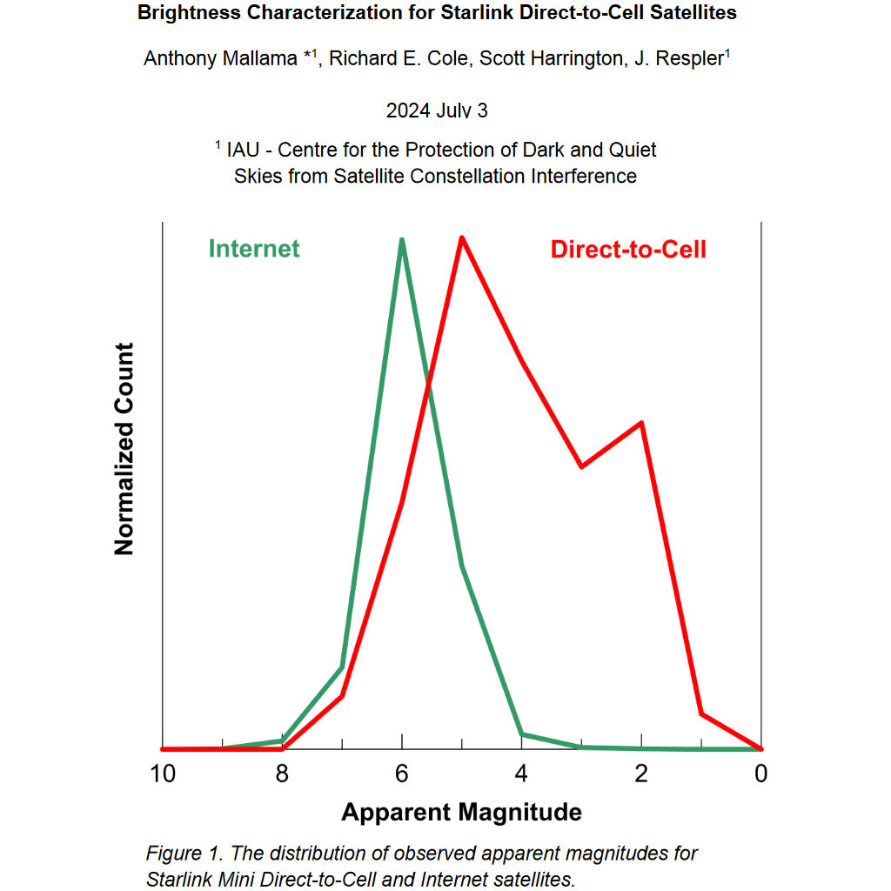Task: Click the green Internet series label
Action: pos(253,248)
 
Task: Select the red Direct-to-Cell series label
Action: pos(628,250)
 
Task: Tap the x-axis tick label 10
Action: pos(163,774)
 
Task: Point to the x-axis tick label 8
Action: pos(283,774)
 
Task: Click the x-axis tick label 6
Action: pos(402,774)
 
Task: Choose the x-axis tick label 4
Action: pos(522,774)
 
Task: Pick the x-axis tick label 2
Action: pos(641,774)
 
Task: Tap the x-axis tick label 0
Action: pos(760,774)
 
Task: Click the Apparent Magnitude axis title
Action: pos(461,813)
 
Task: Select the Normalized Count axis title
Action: pos(124,449)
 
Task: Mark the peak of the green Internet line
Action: pos(402,240)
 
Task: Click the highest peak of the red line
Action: pos(462,238)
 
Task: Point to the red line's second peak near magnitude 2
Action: pos(641,423)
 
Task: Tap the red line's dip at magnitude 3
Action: pos(582,466)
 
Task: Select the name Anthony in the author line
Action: pos(182,58)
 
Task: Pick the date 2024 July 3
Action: pos(437,111)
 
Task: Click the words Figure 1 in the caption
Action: pos(182,853)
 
